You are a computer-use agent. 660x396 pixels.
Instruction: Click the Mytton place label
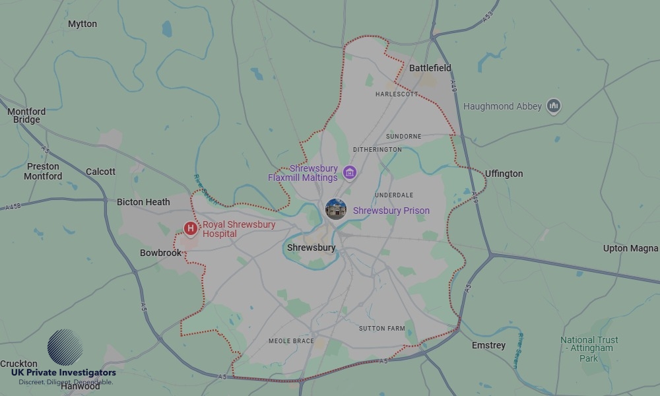tap(82, 24)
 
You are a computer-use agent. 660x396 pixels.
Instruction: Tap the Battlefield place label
tap(430, 68)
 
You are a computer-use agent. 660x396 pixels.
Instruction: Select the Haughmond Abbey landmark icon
tap(554, 106)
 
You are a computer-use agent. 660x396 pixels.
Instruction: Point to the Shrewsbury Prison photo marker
tap(336, 210)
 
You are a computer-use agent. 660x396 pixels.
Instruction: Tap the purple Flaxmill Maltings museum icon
tap(350, 173)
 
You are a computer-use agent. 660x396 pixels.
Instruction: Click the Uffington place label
tap(504, 174)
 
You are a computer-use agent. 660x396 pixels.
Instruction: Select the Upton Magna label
tap(630, 248)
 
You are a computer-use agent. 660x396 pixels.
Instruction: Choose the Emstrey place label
tap(488, 345)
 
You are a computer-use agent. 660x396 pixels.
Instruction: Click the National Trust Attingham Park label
tap(589, 349)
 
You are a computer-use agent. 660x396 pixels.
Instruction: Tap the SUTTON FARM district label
tap(382, 328)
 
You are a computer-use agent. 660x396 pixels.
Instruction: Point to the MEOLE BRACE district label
tap(291, 341)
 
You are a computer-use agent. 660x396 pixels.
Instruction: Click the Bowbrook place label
tap(160, 253)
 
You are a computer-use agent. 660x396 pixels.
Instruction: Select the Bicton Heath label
tap(143, 202)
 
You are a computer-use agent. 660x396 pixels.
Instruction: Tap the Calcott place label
tap(100, 172)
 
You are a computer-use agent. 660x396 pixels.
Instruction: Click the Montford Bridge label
tap(26, 115)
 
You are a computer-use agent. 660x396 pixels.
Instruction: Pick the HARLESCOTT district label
tap(397, 94)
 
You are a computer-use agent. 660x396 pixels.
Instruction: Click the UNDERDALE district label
tap(394, 195)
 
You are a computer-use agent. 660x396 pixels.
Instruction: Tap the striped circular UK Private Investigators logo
tap(65, 347)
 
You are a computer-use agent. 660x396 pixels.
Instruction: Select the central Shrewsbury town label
tap(311, 247)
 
